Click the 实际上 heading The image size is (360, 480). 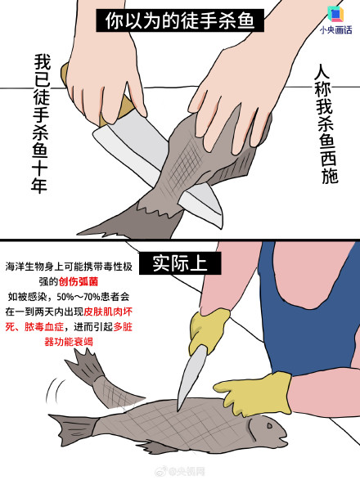179,263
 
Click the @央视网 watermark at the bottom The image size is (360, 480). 185,470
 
